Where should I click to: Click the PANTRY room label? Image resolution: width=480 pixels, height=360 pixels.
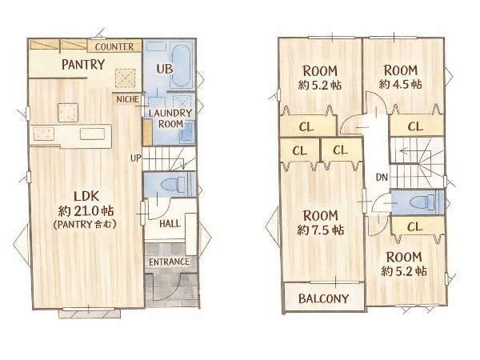pos(83,65)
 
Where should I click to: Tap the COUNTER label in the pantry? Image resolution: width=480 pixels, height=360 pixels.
pos(114,47)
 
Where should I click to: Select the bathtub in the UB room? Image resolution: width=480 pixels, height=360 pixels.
pos(182,66)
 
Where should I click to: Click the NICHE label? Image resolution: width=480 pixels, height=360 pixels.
pos(128,99)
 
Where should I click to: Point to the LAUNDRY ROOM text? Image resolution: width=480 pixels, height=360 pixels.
pos(170,118)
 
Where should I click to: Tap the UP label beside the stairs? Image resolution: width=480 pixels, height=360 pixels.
pos(136,158)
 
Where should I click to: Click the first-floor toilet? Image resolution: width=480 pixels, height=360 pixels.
pos(173,185)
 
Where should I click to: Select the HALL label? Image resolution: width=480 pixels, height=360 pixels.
pos(170,224)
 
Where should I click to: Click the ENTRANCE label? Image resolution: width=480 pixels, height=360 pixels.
pos(170,262)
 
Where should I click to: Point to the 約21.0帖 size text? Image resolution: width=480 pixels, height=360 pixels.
pos(86,211)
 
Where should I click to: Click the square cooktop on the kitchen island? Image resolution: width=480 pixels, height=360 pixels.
pos(68,113)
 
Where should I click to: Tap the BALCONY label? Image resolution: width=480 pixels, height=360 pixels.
pos(323,298)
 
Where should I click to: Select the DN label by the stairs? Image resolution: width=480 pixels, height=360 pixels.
pos(382,178)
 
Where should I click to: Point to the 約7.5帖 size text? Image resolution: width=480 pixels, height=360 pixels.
pos(321,230)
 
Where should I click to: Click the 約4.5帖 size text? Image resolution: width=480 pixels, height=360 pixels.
pos(401,84)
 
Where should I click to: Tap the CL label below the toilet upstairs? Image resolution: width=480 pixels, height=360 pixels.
pos(414,227)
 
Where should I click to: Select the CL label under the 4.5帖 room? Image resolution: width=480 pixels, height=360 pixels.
pos(415,126)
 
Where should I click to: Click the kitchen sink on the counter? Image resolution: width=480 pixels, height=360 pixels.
pos(92,134)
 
